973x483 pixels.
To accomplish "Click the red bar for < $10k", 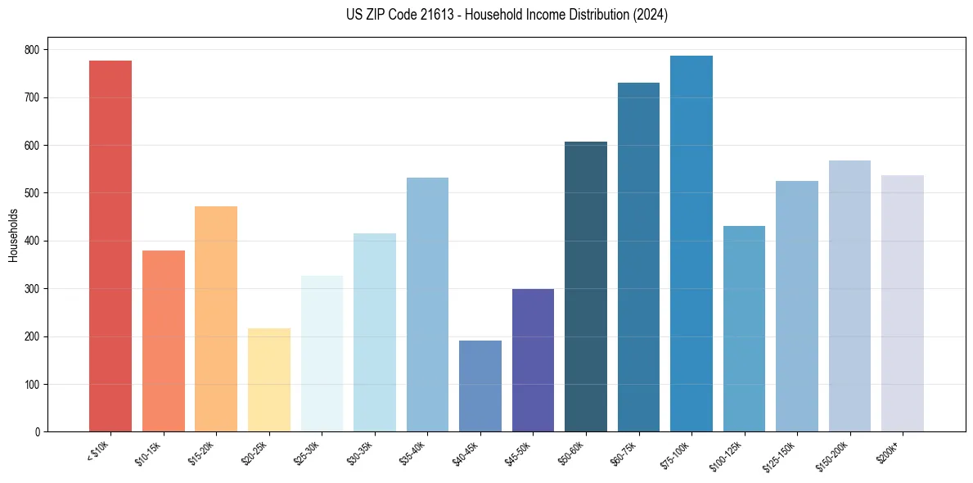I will (110, 246).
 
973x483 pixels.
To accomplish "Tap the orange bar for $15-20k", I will (216, 318).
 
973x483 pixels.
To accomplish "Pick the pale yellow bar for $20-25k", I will (269, 380).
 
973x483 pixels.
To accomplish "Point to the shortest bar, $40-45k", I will (480, 386).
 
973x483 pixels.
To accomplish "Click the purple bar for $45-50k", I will (533, 360).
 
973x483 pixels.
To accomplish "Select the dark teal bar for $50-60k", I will (586, 287).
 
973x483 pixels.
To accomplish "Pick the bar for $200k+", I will (903, 303).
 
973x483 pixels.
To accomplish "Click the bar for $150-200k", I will (849, 296).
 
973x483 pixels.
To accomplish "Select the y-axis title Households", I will (13, 235).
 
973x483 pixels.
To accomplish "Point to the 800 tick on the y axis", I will (32, 50).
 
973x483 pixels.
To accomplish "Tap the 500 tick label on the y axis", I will (32, 193).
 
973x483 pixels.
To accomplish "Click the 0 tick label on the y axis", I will (38, 432).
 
